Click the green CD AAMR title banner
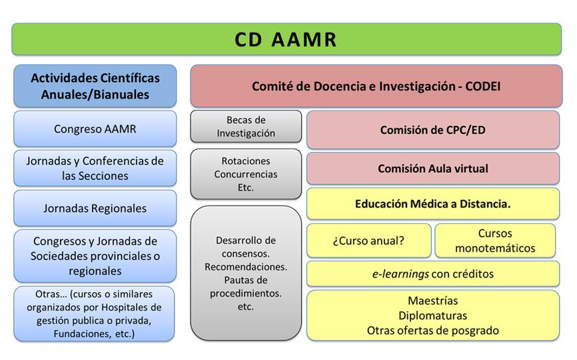(x=287, y=39)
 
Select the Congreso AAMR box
(x=95, y=129)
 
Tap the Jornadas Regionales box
(x=95, y=208)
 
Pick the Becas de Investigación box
(x=246, y=126)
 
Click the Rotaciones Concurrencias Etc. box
(x=246, y=174)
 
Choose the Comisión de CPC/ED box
(x=433, y=130)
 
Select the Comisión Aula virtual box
(x=433, y=169)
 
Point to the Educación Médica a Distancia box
(x=433, y=203)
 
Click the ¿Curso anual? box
(x=368, y=241)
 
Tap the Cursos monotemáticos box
(x=495, y=241)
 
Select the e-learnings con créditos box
(x=433, y=273)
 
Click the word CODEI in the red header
(x=482, y=86)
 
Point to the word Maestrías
(x=433, y=301)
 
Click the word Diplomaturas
(x=433, y=315)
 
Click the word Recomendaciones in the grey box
(x=246, y=267)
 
